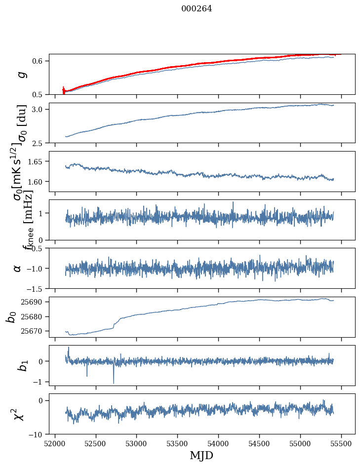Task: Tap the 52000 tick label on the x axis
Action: [x=55, y=443]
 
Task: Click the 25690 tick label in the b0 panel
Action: [x=35, y=302]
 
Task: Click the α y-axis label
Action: [x=18, y=268]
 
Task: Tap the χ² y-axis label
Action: [x=19, y=414]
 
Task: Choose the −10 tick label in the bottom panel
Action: [x=38, y=434]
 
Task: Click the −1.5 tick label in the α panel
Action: [x=38, y=288]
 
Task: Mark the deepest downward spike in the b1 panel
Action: [x=114, y=383]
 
